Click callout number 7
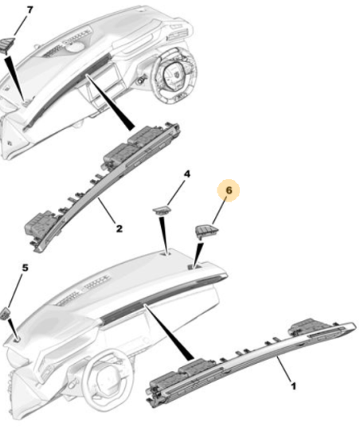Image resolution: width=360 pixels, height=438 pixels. click(29, 10)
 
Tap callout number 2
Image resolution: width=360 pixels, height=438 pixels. click(119, 229)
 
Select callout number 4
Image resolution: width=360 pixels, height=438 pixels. click(187, 174)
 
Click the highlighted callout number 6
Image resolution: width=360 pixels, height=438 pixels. click(229, 190)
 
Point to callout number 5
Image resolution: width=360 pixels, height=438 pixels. click(25, 268)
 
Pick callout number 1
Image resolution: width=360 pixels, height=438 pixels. click(293, 386)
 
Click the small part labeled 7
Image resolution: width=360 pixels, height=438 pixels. click(6, 45)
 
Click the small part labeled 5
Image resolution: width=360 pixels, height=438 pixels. click(6, 313)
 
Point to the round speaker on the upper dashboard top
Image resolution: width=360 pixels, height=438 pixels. click(75, 47)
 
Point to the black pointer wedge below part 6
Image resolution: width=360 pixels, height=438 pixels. click(197, 255)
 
